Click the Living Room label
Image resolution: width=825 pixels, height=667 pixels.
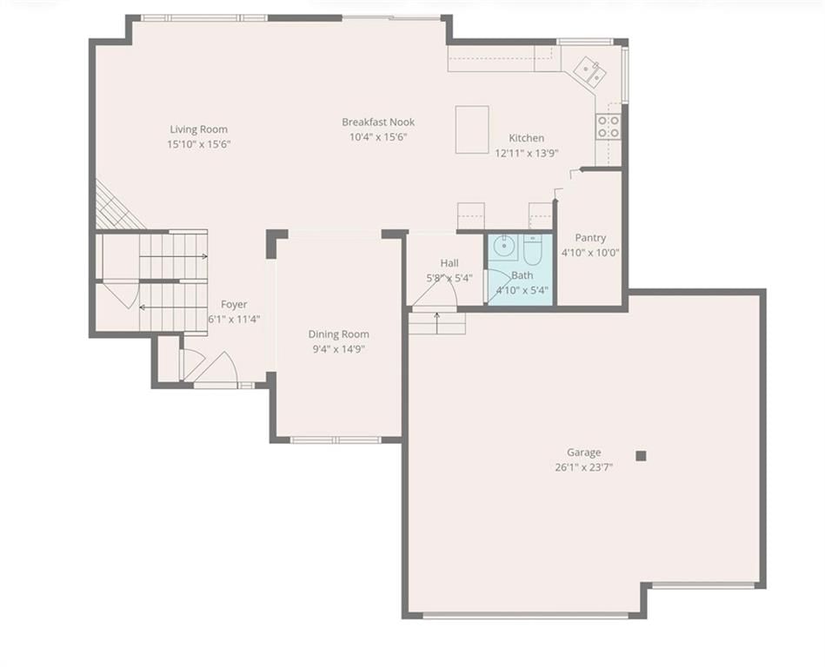[x=199, y=129]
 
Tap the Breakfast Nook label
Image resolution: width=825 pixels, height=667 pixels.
[x=378, y=122]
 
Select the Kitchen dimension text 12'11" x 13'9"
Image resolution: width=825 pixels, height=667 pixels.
[x=526, y=153]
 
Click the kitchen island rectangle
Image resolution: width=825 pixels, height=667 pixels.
[x=472, y=129]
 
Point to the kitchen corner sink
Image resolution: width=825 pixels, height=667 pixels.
[x=590, y=71]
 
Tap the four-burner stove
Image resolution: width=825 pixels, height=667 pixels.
[x=608, y=127]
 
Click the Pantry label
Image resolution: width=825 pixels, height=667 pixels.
[x=590, y=238]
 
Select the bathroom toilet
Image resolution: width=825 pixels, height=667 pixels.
[x=533, y=249]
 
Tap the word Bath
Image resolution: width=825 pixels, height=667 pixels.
[x=522, y=275]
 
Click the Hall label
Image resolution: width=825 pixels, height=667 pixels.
[x=449, y=263]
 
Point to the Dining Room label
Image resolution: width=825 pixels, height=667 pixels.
[x=338, y=334]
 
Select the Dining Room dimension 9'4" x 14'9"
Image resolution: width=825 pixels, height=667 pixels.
[x=338, y=349]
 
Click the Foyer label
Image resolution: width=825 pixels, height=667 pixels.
[x=234, y=304]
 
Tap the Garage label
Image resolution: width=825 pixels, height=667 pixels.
[x=584, y=452]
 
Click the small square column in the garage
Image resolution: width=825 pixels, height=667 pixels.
[x=641, y=456]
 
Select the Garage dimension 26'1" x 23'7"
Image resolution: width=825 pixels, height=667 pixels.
[x=584, y=467]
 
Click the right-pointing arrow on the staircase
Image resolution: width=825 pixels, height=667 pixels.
[x=174, y=256]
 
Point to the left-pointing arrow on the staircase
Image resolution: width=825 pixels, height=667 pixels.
[x=173, y=307]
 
